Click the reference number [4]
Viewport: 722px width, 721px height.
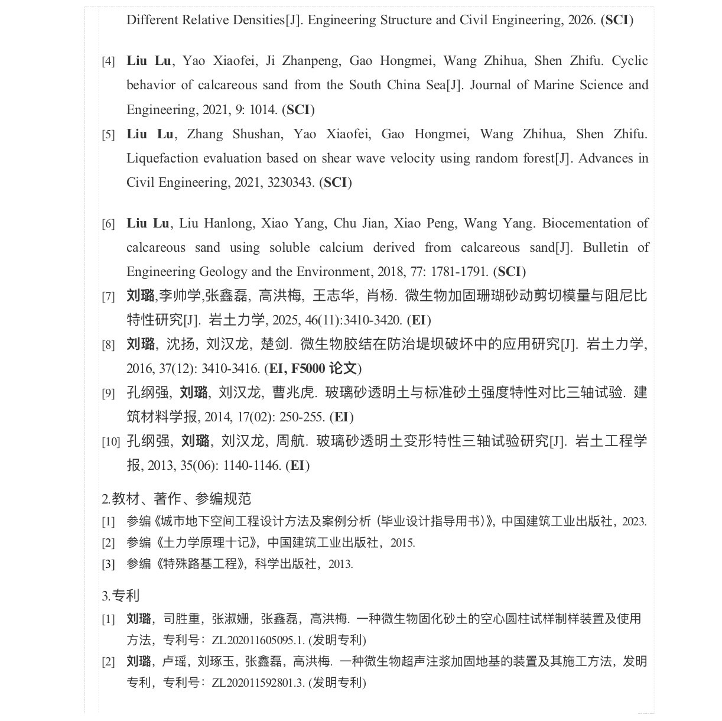(x=108, y=61)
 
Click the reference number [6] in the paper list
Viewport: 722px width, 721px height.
(x=108, y=224)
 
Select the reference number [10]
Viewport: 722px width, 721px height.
(x=110, y=441)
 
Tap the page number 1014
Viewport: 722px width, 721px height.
(x=262, y=110)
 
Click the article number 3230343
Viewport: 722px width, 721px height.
(x=290, y=183)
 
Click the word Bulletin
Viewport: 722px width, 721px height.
(x=606, y=248)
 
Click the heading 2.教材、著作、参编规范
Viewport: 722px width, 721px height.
(x=177, y=499)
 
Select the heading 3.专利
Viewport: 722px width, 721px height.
(x=121, y=596)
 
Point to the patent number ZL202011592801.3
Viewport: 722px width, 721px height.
(x=258, y=683)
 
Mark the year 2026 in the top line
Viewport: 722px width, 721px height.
(x=581, y=20)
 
